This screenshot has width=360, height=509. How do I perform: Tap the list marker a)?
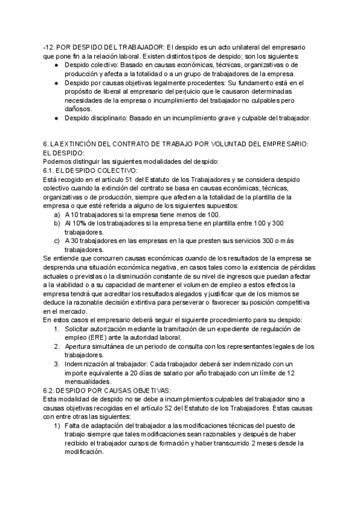pos(57,215)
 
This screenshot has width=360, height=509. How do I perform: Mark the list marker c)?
pos(57,241)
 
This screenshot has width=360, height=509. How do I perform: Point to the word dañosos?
pos(79,109)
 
